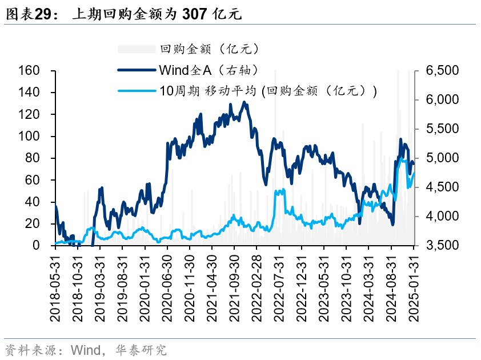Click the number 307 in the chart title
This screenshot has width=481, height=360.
[194, 15]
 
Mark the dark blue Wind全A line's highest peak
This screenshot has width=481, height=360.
[244, 102]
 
